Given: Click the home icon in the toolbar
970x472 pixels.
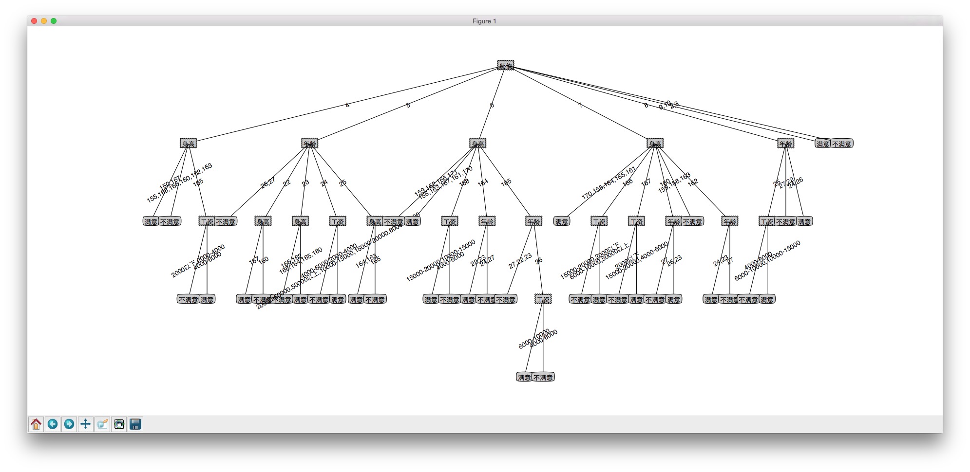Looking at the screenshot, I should click(36, 424).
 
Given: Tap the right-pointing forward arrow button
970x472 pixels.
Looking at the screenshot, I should click(69, 424).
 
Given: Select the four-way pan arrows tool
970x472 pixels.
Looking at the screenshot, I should click(85, 424).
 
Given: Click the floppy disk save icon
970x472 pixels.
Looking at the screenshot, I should click(135, 424).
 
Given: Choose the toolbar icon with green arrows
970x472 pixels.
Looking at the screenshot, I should click(119, 424).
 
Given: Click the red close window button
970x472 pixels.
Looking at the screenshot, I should click(34, 21).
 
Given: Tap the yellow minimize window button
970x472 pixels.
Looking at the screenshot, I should click(44, 21).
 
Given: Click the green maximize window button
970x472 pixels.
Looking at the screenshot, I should click(54, 21).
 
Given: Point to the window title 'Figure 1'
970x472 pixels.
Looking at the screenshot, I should click(484, 21).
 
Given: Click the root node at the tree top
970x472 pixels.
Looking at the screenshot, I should click(506, 65).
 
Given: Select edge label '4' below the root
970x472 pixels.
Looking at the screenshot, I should click(347, 105).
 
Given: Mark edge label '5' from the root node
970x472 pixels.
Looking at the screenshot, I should click(408, 105).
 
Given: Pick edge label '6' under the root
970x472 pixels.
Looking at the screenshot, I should click(492, 105).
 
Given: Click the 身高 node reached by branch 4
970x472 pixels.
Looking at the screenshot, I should click(188, 144).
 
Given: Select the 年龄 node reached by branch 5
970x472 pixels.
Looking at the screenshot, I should click(310, 144).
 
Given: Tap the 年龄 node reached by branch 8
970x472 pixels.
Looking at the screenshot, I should click(785, 144).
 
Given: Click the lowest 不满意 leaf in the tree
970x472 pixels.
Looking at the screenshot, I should click(543, 377).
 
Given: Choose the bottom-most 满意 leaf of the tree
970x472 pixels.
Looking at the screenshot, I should click(524, 377).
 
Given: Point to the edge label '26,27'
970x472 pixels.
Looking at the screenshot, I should click(268, 182).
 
